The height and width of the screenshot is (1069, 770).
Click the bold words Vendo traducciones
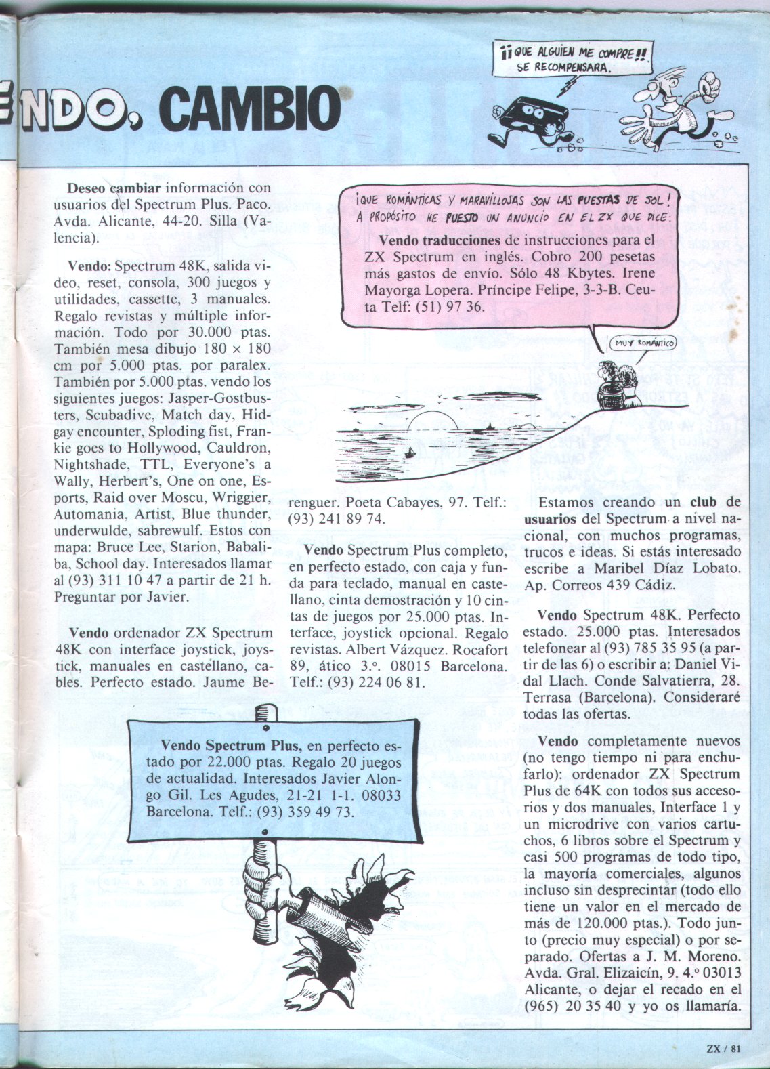point(440,240)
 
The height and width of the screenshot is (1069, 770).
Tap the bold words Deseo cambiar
point(113,188)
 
